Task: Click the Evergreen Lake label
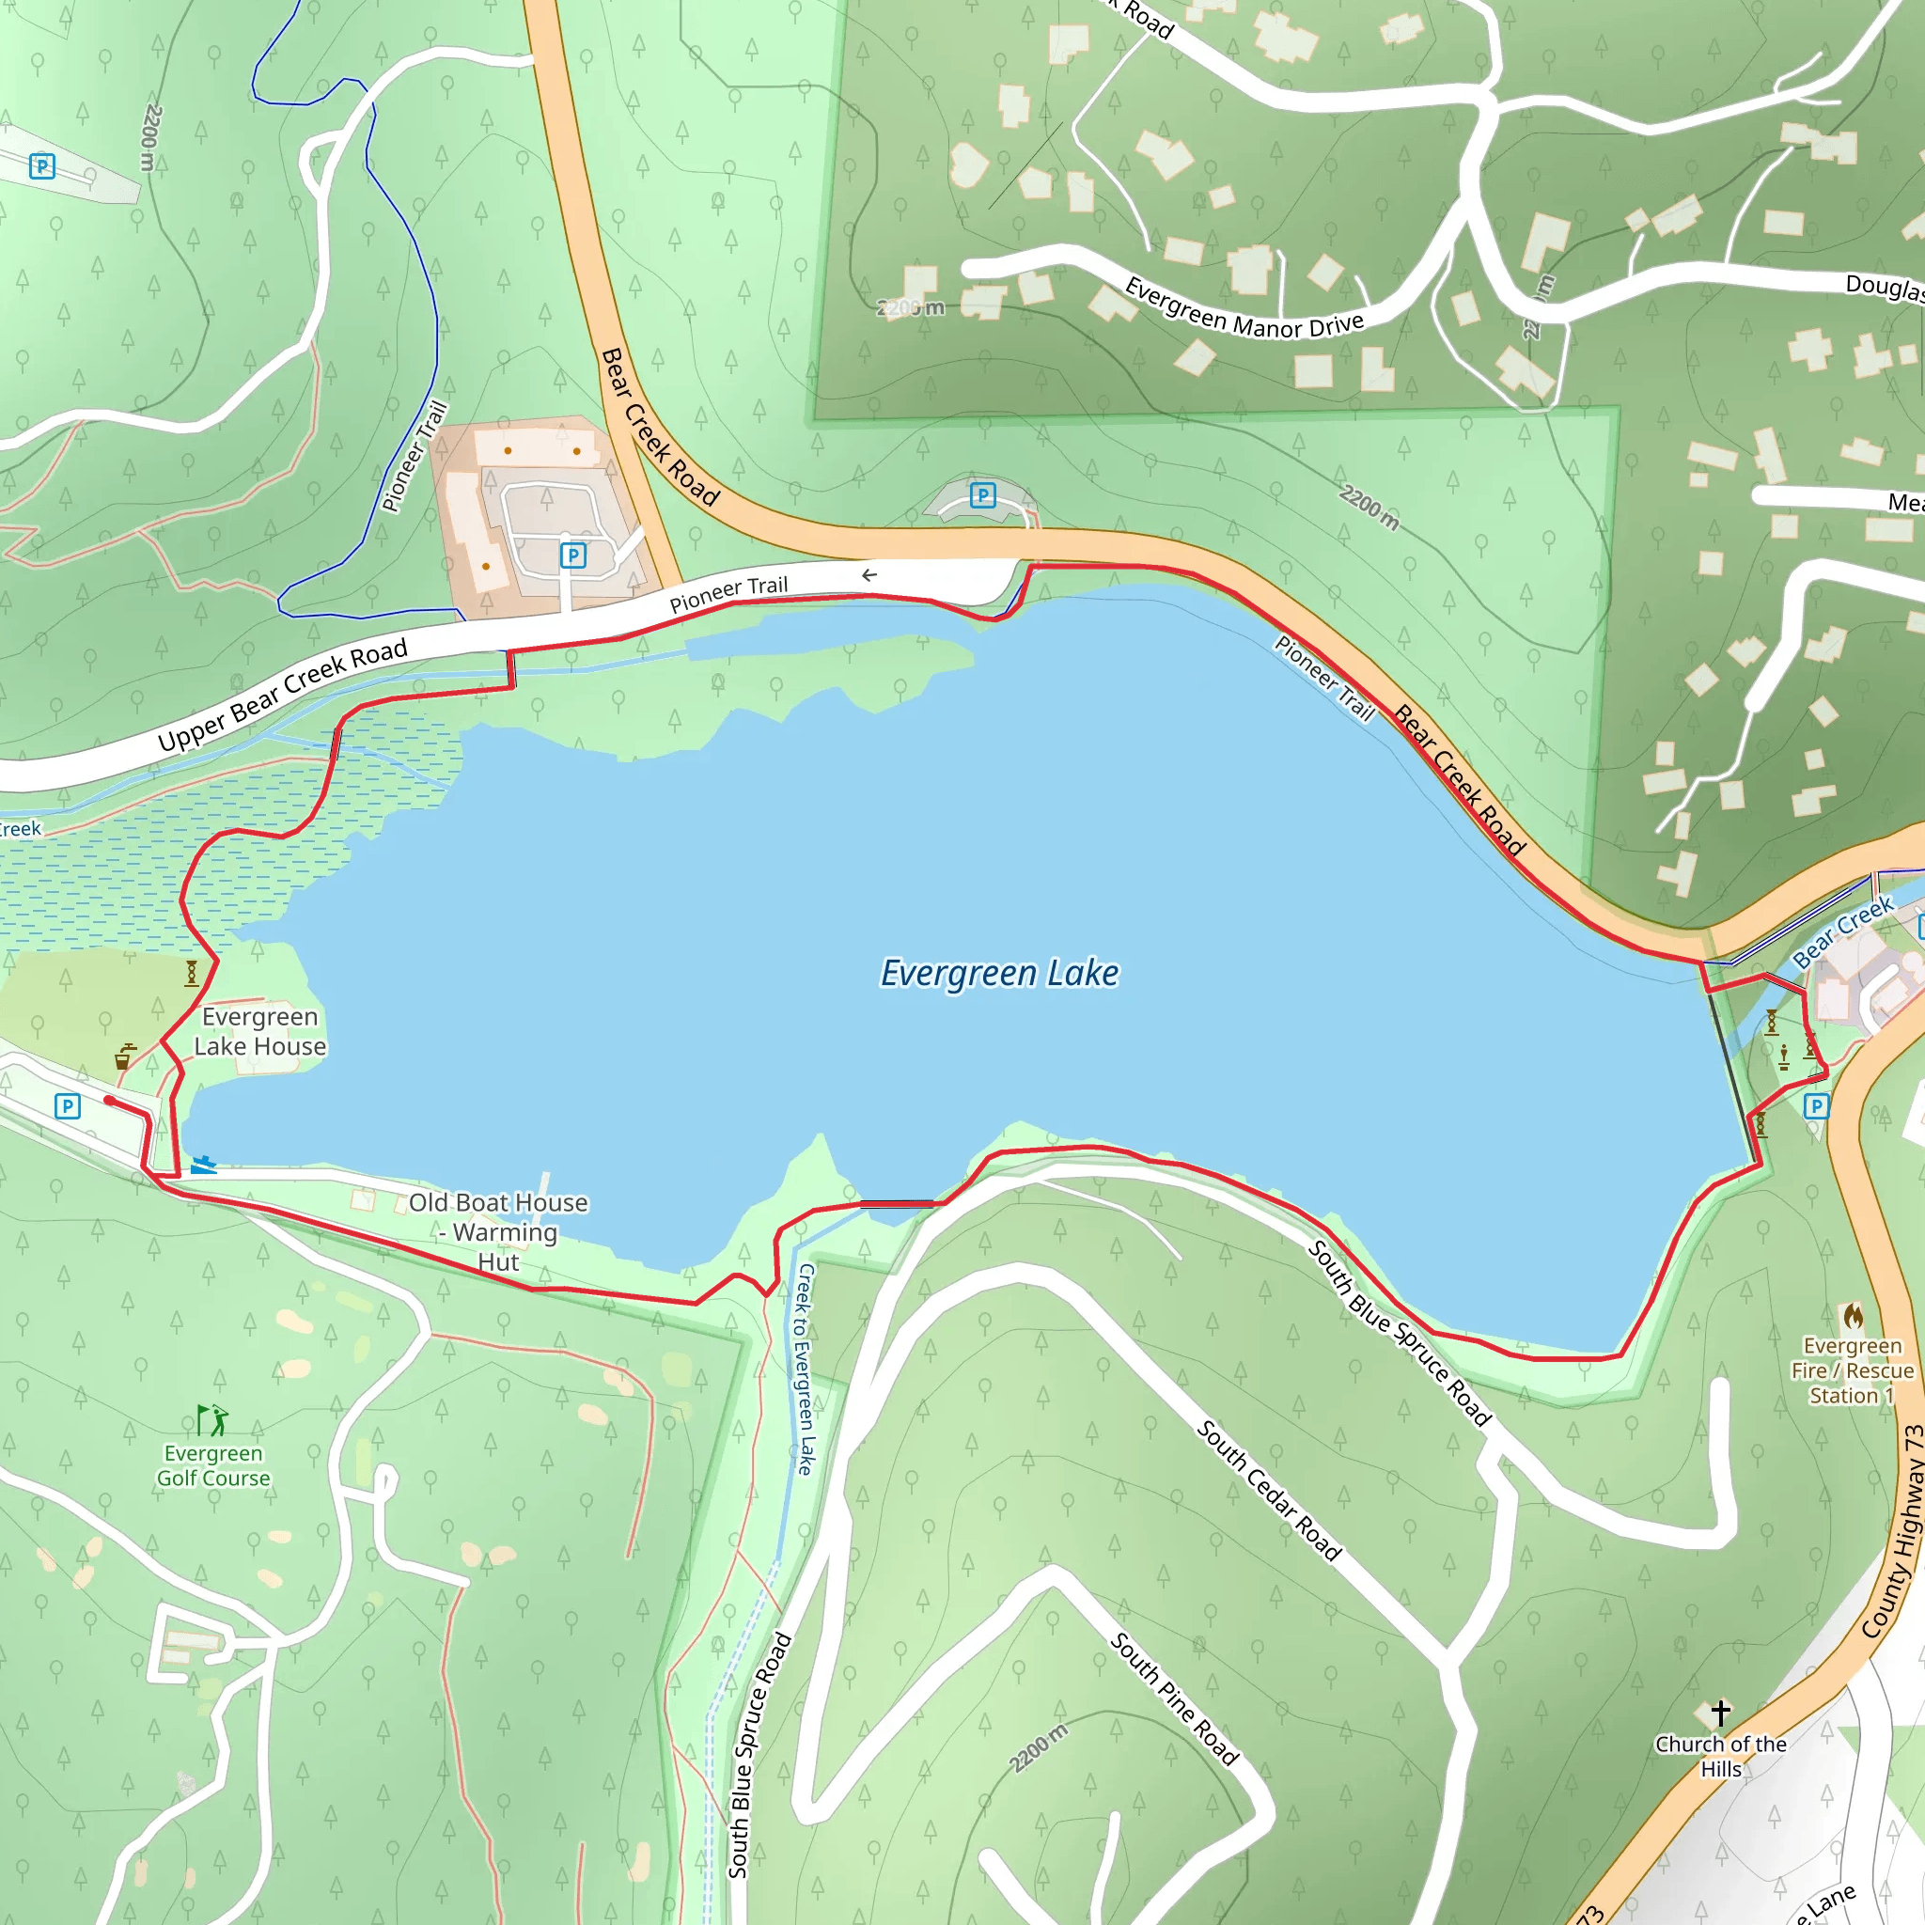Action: [x=999, y=974]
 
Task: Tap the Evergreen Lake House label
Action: [x=260, y=1031]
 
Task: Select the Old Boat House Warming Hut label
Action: [x=498, y=1231]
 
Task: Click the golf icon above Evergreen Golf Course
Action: [x=212, y=1420]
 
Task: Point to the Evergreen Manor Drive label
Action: [x=1244, y=309]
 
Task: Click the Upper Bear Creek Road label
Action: [x=283, y=695]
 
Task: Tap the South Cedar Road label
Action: [x=1268, y=1491]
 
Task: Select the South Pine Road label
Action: [x=1175, y=1698]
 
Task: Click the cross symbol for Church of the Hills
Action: [x=1721, y=1713]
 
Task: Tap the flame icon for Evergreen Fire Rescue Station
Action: [x=1854, y=1316]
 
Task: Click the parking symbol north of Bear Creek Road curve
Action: [x=982, y=495]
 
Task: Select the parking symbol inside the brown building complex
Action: [x=573, y=555]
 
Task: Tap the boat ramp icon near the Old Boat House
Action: [x=203, y=1164]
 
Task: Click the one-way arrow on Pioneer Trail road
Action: [x=869, y=575]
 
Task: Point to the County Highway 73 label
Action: [x=1893, y=1532]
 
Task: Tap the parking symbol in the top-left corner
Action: [x=42, y=166]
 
